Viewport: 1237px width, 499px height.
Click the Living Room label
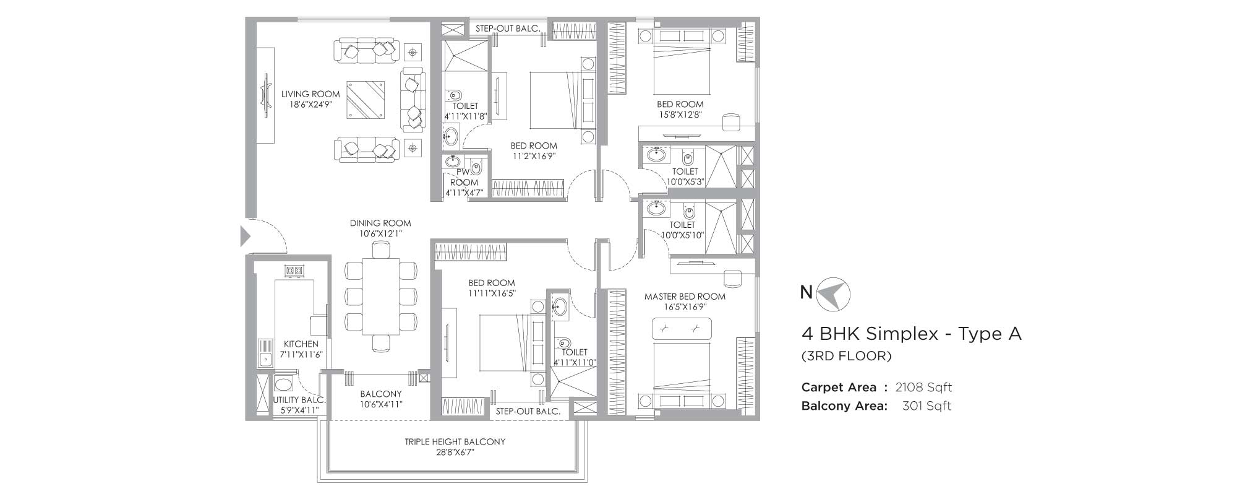point(310,94)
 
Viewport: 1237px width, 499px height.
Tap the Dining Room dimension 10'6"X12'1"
point(380,234)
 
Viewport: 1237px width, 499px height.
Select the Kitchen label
point(301,344)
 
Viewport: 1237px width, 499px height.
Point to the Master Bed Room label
point(685,297)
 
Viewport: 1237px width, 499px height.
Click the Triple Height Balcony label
point(455,441)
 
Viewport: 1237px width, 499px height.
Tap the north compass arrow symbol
point(833,293)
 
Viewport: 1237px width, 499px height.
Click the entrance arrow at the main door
point(245,236)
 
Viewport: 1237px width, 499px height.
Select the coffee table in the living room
point(366,100)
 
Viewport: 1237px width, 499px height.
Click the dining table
point(380,297)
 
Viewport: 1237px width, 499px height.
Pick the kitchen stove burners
point(294,270)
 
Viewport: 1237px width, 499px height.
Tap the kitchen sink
point(265,357)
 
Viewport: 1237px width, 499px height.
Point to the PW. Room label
point(464,177)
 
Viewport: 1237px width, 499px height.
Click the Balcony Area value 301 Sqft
point(927,406)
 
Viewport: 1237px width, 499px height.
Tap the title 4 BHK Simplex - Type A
point(912,334)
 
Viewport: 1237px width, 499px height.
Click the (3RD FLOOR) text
point(847,356)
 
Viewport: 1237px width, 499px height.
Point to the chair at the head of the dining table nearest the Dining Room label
point(380,249)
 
